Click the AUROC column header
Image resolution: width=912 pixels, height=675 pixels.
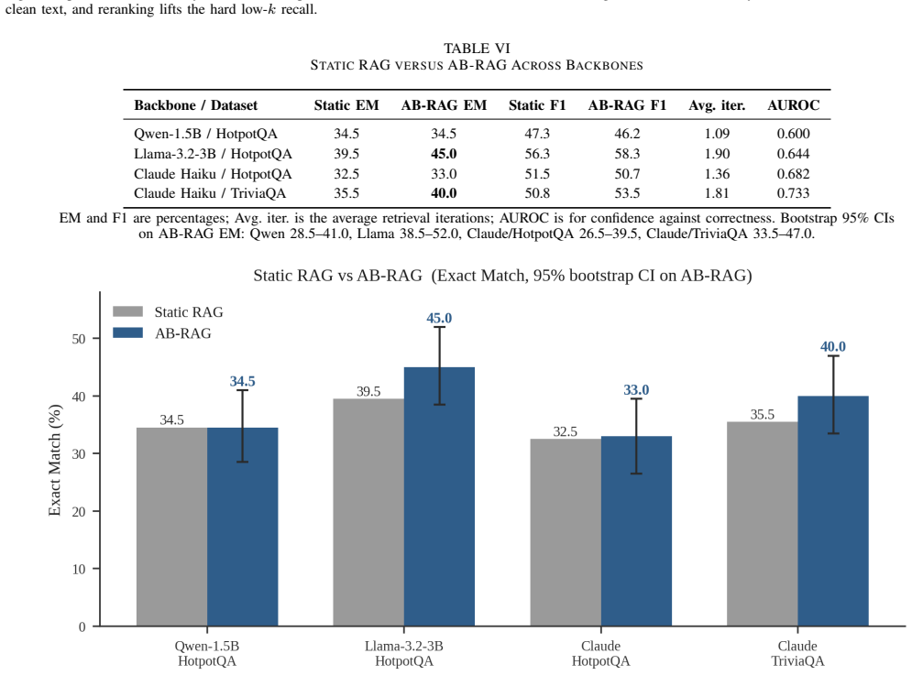tap(793, 105)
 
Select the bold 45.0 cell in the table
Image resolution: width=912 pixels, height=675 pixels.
tap(444, 154)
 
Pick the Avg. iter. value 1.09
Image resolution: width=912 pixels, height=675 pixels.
tap(717, 134)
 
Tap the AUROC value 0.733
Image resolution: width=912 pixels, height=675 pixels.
tap(793, 193)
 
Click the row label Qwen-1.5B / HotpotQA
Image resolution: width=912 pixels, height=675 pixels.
tap(205, 134)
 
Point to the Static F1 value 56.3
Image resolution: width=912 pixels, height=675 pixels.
tap(537, 154)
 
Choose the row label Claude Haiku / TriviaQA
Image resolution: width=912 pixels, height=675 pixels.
tap(210, 193)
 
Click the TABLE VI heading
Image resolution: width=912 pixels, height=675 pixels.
tap(477, 49)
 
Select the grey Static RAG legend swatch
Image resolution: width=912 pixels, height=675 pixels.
tap(128, 311)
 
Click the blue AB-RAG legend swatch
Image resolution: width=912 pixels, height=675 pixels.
tap(128, 333)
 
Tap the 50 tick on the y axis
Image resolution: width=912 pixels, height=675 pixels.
tap(79, 339)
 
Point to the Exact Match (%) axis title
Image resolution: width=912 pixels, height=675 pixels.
tap(55, 460)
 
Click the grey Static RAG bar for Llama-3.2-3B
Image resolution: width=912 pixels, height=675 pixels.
tap(368, 512)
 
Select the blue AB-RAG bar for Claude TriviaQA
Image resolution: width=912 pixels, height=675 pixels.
tap(833, 511)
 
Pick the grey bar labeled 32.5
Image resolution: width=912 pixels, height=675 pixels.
tap(566, 532)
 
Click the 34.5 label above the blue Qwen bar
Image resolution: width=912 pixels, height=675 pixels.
tap(243, 381)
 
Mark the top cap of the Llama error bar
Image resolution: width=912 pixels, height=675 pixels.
tap(440, 327)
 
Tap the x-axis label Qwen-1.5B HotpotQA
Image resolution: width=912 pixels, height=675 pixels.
tap(207, 654)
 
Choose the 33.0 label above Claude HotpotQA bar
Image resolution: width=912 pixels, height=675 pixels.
tap(636, 390)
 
